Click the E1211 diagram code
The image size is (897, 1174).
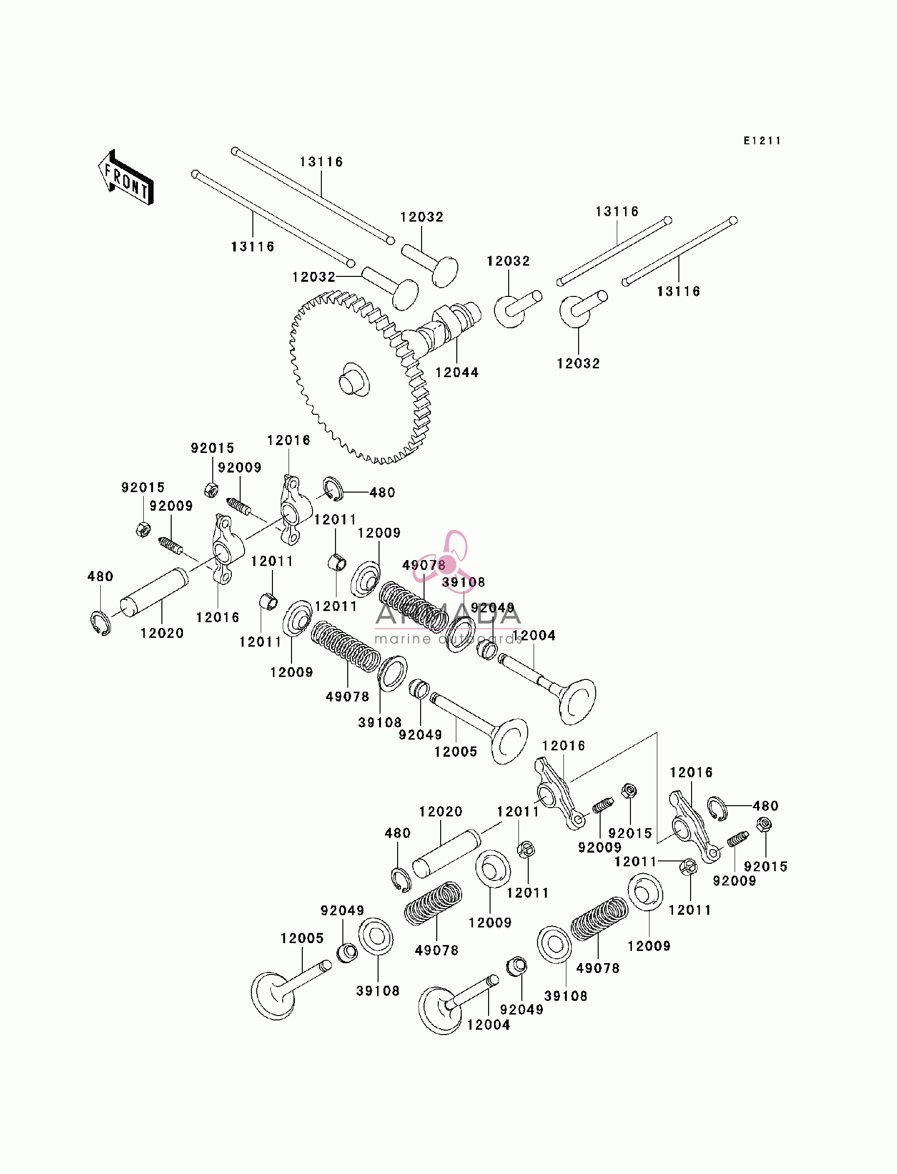coord(762,141)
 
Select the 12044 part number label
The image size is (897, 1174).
coord(456,373)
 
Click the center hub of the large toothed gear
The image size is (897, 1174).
coord(354,380)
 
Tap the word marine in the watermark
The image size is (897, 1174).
coord(403,639)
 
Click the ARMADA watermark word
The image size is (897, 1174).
coord(448,614)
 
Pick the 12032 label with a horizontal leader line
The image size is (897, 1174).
coord(314,277)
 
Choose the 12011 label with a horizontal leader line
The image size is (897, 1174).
coord(635,862)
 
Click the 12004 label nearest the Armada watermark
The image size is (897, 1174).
coord(534,635)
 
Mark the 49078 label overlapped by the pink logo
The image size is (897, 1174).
coord(424,565)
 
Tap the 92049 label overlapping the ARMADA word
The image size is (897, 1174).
coord(493,608)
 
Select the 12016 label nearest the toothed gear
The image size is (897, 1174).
coord(289,440)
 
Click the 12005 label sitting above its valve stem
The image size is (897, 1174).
coord(302,938)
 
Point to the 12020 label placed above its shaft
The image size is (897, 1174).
coord(441,812)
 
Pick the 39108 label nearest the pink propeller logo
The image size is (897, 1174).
coord(464,582)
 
